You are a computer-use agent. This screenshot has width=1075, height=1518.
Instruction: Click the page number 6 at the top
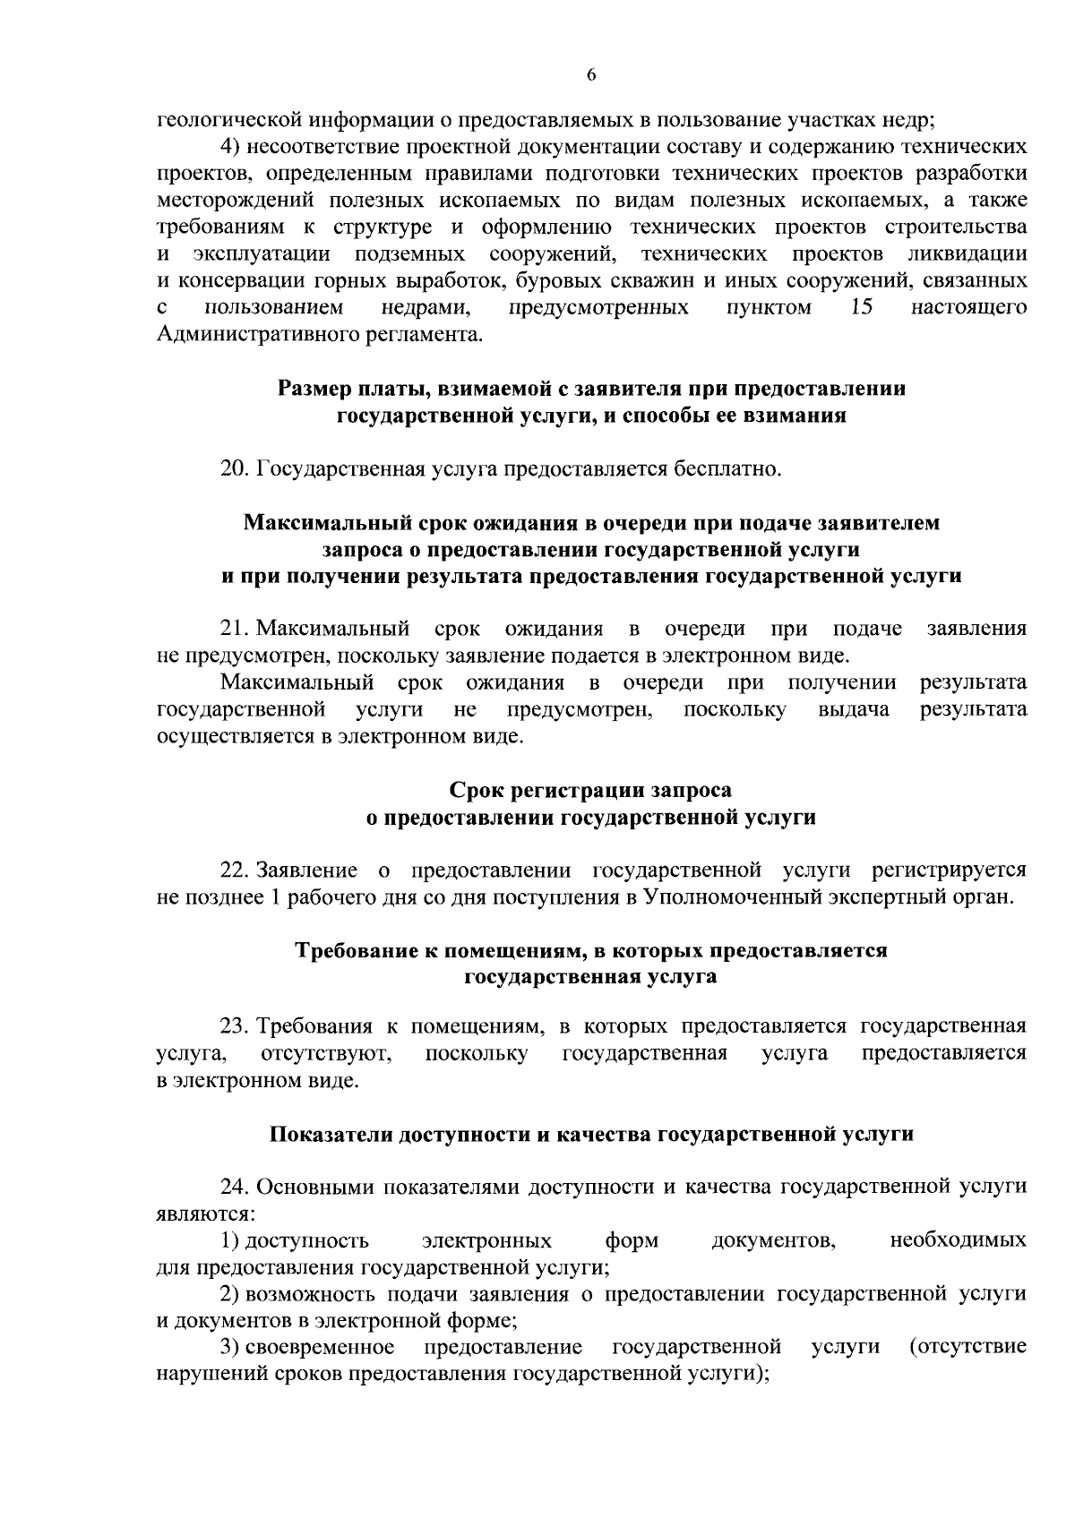[x=591, y=76]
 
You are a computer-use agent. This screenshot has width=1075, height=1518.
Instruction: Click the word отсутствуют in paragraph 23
[x=326, y=1053]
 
